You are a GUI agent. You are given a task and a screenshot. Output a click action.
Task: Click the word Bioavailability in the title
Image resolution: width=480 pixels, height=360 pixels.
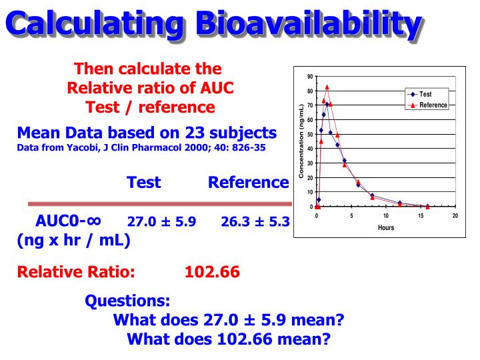[313, 24]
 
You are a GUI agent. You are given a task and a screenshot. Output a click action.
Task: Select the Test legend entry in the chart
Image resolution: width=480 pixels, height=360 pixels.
[425, 95]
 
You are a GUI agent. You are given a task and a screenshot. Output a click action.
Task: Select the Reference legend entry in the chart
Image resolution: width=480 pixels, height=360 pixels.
[433, 105]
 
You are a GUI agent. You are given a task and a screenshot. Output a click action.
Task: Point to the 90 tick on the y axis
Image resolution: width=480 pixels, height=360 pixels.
[310, 77]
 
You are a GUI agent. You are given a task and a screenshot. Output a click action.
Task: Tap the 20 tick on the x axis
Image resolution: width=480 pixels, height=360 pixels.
[455, 216]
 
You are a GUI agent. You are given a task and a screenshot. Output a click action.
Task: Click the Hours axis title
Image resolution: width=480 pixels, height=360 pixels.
[385, 227]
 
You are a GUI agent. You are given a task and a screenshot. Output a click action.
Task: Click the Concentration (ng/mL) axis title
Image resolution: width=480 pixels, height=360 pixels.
[301, 141]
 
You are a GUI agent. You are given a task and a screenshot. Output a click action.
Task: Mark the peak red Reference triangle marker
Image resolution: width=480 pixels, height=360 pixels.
[327, 87]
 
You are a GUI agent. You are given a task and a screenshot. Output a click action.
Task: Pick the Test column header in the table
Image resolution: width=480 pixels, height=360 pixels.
[145, 182]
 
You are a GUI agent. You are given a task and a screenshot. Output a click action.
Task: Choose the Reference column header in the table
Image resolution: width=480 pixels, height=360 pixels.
[248, 182]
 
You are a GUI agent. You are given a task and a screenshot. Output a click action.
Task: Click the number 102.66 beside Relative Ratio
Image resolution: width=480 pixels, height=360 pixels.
[212, 272]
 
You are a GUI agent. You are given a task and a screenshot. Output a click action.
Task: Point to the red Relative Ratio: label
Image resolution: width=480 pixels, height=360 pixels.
[76, 272]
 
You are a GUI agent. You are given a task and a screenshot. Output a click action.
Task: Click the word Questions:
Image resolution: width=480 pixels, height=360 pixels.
[127, 301]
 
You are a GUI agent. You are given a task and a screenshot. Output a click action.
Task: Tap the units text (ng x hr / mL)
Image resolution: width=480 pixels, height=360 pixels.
[73, 240]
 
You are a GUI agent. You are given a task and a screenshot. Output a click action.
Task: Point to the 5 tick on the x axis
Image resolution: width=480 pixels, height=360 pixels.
[351, 216]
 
